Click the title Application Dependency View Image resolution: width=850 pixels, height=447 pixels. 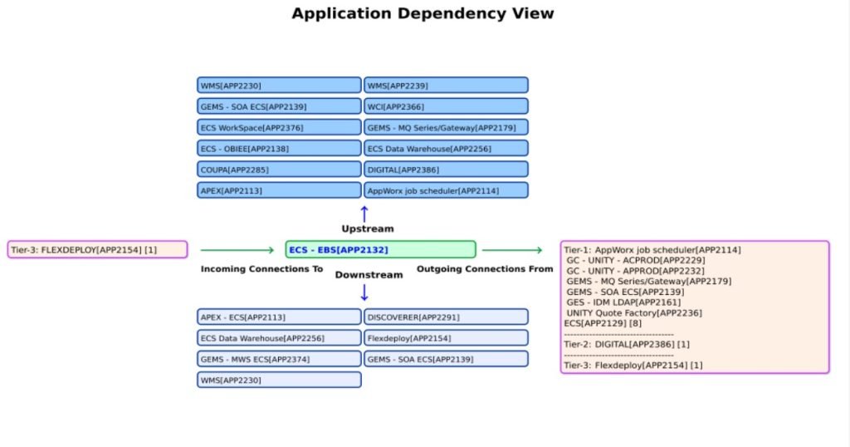pyautogui.click(x=423, y=14)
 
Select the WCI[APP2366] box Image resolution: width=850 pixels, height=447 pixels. pyautogui.click(x=446, y=106)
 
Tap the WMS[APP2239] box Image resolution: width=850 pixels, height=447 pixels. pyautogui.click(x=446, y=86)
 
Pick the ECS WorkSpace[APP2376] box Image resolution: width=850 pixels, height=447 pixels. pyautogui.click(x=280, y=127)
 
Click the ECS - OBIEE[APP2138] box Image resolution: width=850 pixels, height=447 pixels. pyautogui.click(x=280, y=148)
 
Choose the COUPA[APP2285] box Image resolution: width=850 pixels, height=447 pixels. pyautogui.click(x=280, y=169)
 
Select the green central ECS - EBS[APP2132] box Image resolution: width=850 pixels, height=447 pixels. pyautogui.click(x=380, y=249)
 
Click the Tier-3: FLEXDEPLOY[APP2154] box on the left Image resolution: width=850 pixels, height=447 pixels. pyautogui.click(x=97, y=249)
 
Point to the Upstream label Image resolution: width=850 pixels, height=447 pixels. pyautogui.click(x=367, y=228)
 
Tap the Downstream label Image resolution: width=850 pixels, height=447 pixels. pyautogui.click(x=369, y=274)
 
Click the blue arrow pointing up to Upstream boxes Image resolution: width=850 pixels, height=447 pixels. pyautogui.click(x=364, y=214)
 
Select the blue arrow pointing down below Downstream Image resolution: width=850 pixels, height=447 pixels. pyautogui.click(x=364, y=292)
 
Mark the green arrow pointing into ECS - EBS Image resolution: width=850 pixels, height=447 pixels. pyautogui.click(x=237, y=249)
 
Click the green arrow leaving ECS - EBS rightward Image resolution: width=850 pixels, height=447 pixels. pyautogui.click(x=512, y=249)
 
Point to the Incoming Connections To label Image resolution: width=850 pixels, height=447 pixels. pyautogui.click(x=261, y=269)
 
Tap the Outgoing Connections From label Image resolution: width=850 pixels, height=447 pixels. pyautogui.click(x=484, y=269)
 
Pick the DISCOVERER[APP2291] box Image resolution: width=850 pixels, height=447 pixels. pyautogui.click(x=446, y=317)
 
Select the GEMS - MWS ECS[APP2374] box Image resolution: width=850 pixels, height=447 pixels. pyautogui.click(x=280, y=359)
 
